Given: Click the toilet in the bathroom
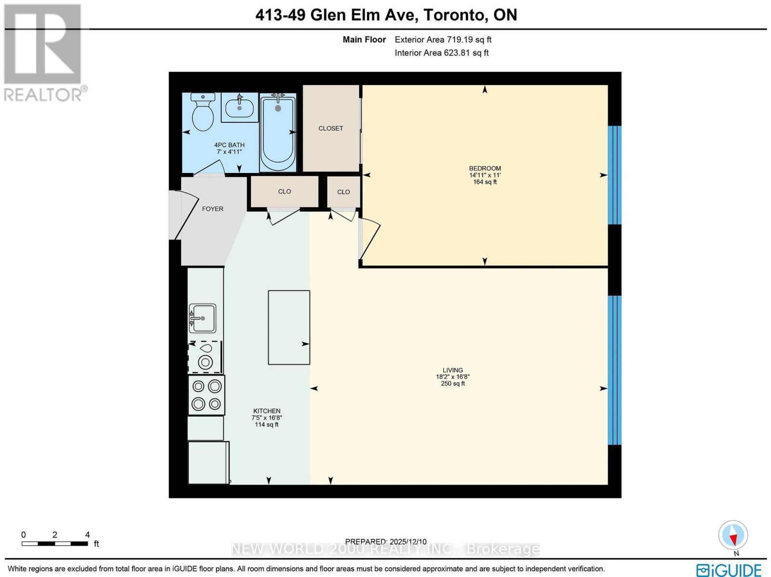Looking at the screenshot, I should coord(203,112).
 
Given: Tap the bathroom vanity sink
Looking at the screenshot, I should coord(239,107).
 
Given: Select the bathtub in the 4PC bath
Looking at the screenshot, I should coord(278,132).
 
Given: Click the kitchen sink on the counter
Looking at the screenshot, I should coord(202,318).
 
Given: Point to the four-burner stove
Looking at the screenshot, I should coord(206,395).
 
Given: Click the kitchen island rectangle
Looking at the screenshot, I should coord(289,327).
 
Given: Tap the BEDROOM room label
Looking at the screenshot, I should coord(485,169).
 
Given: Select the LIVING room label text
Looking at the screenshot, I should coord(452,370).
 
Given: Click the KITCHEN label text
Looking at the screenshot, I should coord(266,411).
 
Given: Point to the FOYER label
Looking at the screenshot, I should coord(213,209).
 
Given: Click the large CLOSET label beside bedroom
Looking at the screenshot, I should coord(331,129).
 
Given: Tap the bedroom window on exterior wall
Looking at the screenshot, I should coord(614,175).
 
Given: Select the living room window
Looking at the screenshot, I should coord(614,369).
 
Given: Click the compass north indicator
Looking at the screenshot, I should coord(733,536).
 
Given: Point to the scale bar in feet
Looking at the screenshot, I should coord(54,543).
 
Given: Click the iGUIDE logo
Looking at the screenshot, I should coord(729,569).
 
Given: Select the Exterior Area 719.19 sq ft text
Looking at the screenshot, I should coord(443,40).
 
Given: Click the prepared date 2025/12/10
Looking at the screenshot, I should coord(385,542).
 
